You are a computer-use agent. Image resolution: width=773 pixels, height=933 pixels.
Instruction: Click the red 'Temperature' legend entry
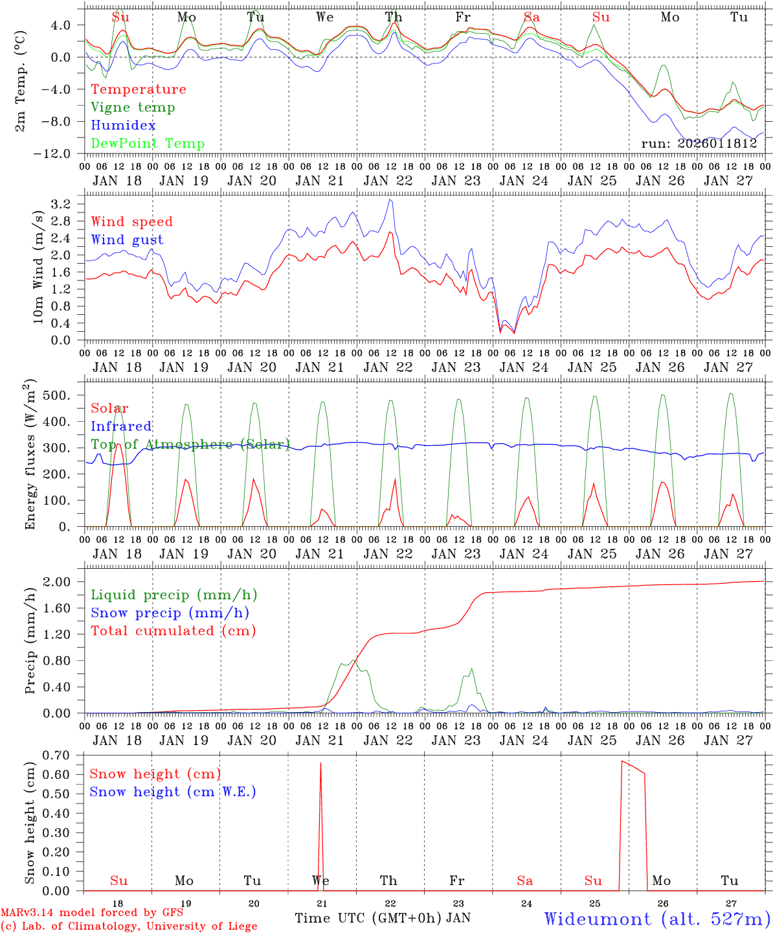(x=139, y=89)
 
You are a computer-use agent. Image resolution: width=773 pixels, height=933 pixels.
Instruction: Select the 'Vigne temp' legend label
(x=133, y=108)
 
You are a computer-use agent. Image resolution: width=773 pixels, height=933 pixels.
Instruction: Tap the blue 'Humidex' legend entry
(x=123, y=126)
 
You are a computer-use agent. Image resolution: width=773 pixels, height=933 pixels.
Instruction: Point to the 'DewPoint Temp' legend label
(x=148, y=144)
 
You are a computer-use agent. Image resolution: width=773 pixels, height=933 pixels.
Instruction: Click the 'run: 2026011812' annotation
(x=699, y=144)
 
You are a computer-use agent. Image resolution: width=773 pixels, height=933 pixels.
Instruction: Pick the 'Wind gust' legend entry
(x=127, y=240)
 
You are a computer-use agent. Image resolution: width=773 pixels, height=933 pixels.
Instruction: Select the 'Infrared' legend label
(x=121, y=426)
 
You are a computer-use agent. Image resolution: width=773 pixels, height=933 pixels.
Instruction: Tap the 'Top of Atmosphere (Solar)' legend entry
(x=190, y=444)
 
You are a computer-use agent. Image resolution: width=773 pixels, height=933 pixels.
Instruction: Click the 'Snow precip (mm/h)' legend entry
(x=170, y=613)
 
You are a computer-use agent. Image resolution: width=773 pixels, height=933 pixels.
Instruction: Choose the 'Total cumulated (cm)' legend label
(x=173, y=631)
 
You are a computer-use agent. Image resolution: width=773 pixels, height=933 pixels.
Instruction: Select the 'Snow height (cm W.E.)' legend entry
(x=173, y=792)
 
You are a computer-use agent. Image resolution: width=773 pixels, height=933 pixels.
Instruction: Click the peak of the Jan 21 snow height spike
(x=320, y=763)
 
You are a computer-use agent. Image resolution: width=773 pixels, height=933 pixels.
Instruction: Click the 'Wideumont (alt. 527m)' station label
(x=656, y=919)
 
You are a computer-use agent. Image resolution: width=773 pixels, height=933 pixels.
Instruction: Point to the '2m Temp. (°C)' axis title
(x=22, y=80)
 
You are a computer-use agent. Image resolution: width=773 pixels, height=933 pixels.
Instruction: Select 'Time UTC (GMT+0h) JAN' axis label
(x=383, y=918)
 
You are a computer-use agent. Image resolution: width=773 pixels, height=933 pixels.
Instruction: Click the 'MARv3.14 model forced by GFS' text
(x=92, y=913)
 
